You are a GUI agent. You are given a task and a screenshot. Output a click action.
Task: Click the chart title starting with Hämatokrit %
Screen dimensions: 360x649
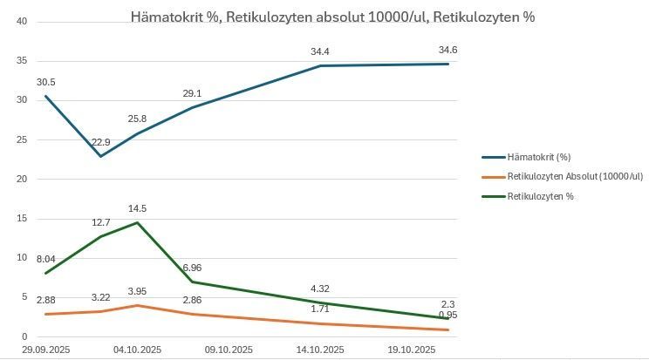click(x=332, y=17)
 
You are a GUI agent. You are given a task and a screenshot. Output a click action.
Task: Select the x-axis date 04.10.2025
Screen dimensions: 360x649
click(x=138, y=350)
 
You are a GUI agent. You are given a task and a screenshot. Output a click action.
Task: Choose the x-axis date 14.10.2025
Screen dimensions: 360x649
click(x=319, y=350)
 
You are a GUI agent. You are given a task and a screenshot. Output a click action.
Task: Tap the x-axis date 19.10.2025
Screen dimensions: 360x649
click(x=411, y=350)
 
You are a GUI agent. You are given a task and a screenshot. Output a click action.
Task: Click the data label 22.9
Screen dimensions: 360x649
click(x=101, y=143)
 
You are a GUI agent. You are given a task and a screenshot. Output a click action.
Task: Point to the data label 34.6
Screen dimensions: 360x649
click(x=447, y=51)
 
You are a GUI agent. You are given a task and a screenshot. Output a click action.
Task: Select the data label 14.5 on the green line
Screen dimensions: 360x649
click(x=137, y=209)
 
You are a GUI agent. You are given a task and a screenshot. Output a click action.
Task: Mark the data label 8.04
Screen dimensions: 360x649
click(x=46, y=260)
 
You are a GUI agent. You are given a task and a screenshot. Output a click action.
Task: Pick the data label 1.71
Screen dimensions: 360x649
click(x=319, y=309)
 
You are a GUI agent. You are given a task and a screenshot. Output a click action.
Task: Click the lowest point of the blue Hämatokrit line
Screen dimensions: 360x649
click(x=101, y=156)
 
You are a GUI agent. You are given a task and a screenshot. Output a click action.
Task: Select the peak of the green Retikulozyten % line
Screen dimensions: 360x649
click(x=137, y=222)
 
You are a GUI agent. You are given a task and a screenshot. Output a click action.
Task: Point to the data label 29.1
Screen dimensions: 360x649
click(x=192, y=94)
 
